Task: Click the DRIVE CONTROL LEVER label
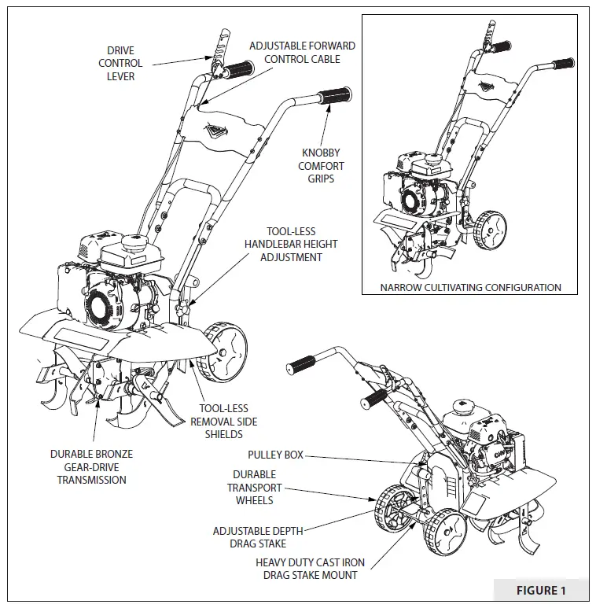tap(120, 64)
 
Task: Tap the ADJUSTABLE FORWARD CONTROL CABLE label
tap(302, 52)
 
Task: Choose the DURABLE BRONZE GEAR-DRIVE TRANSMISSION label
tap(91, 467)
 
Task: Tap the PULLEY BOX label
tap(275, 455)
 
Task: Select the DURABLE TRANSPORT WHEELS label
tap(254, 487)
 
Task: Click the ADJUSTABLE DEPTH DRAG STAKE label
tap(258, 537)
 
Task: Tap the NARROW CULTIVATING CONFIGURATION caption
tap(470, 287)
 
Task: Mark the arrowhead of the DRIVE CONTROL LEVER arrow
tap(207, 57)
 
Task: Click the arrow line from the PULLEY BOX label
tap(354, 459)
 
